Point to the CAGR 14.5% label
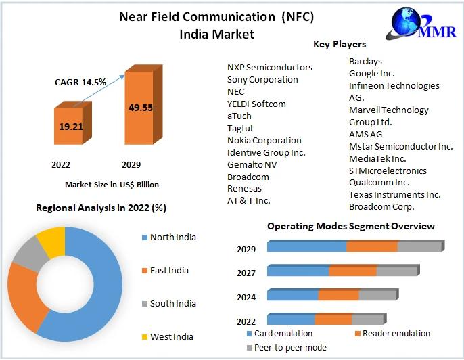coord(80,82)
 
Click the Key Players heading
coord(340,44)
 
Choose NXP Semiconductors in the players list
coord(270,68)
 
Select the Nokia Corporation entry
coord(264,140)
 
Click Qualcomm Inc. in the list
coord(379,182)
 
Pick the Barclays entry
coord(366,61)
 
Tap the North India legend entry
coord(172,237)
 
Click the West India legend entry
coord(171,336)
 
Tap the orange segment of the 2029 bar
coord(371,246)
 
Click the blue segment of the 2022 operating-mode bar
coord(292,319)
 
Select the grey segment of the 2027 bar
coord(396,271)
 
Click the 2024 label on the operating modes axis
coord(246,297)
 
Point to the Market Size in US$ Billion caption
coord(112,184)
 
